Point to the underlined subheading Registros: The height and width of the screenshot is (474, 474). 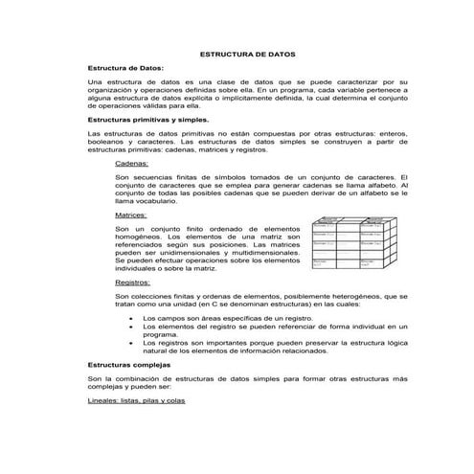point(134,282)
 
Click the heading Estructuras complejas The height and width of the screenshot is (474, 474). point(128,366)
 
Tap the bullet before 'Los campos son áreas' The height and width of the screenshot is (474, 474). point(130,315)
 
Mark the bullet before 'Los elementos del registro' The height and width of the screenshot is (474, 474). point(130,326)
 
